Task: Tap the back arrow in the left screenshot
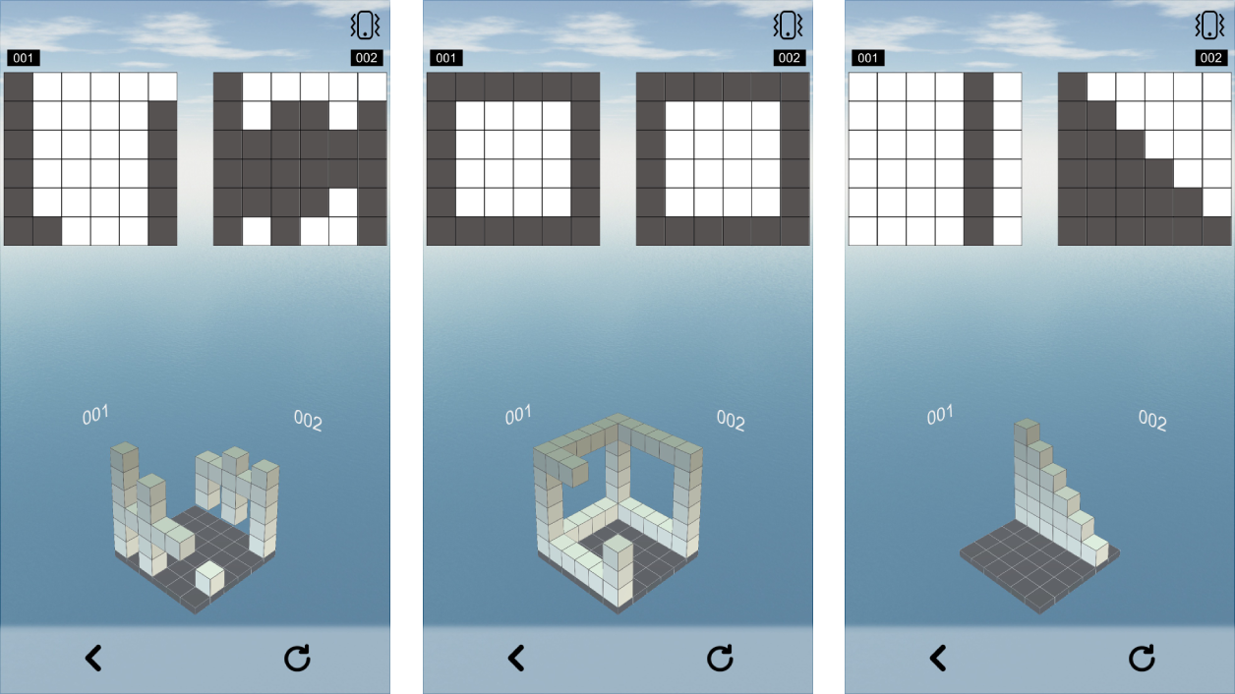pos(93,658)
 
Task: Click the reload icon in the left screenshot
pos(297,658)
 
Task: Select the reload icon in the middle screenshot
pos(720,658)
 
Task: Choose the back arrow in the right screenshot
pos(938,658)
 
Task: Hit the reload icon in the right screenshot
pos(1142,658)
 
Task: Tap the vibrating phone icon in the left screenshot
pos(365,26)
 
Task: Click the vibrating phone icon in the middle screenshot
pos(788,26)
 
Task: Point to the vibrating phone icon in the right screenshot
pos(1209,26)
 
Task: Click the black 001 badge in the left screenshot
pos(24,58)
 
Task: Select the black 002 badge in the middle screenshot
pos(789,58)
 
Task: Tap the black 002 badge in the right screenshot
pos(1210,58)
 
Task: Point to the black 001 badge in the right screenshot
pos(868,58)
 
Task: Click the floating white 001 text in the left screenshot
pos(95,415)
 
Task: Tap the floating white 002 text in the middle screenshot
pos(731,420)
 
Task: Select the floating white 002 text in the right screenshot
pos(1152,420)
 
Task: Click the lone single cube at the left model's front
pos(209,578)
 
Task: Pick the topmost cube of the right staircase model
pos(1027,432)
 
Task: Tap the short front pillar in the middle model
pos(617,570)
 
